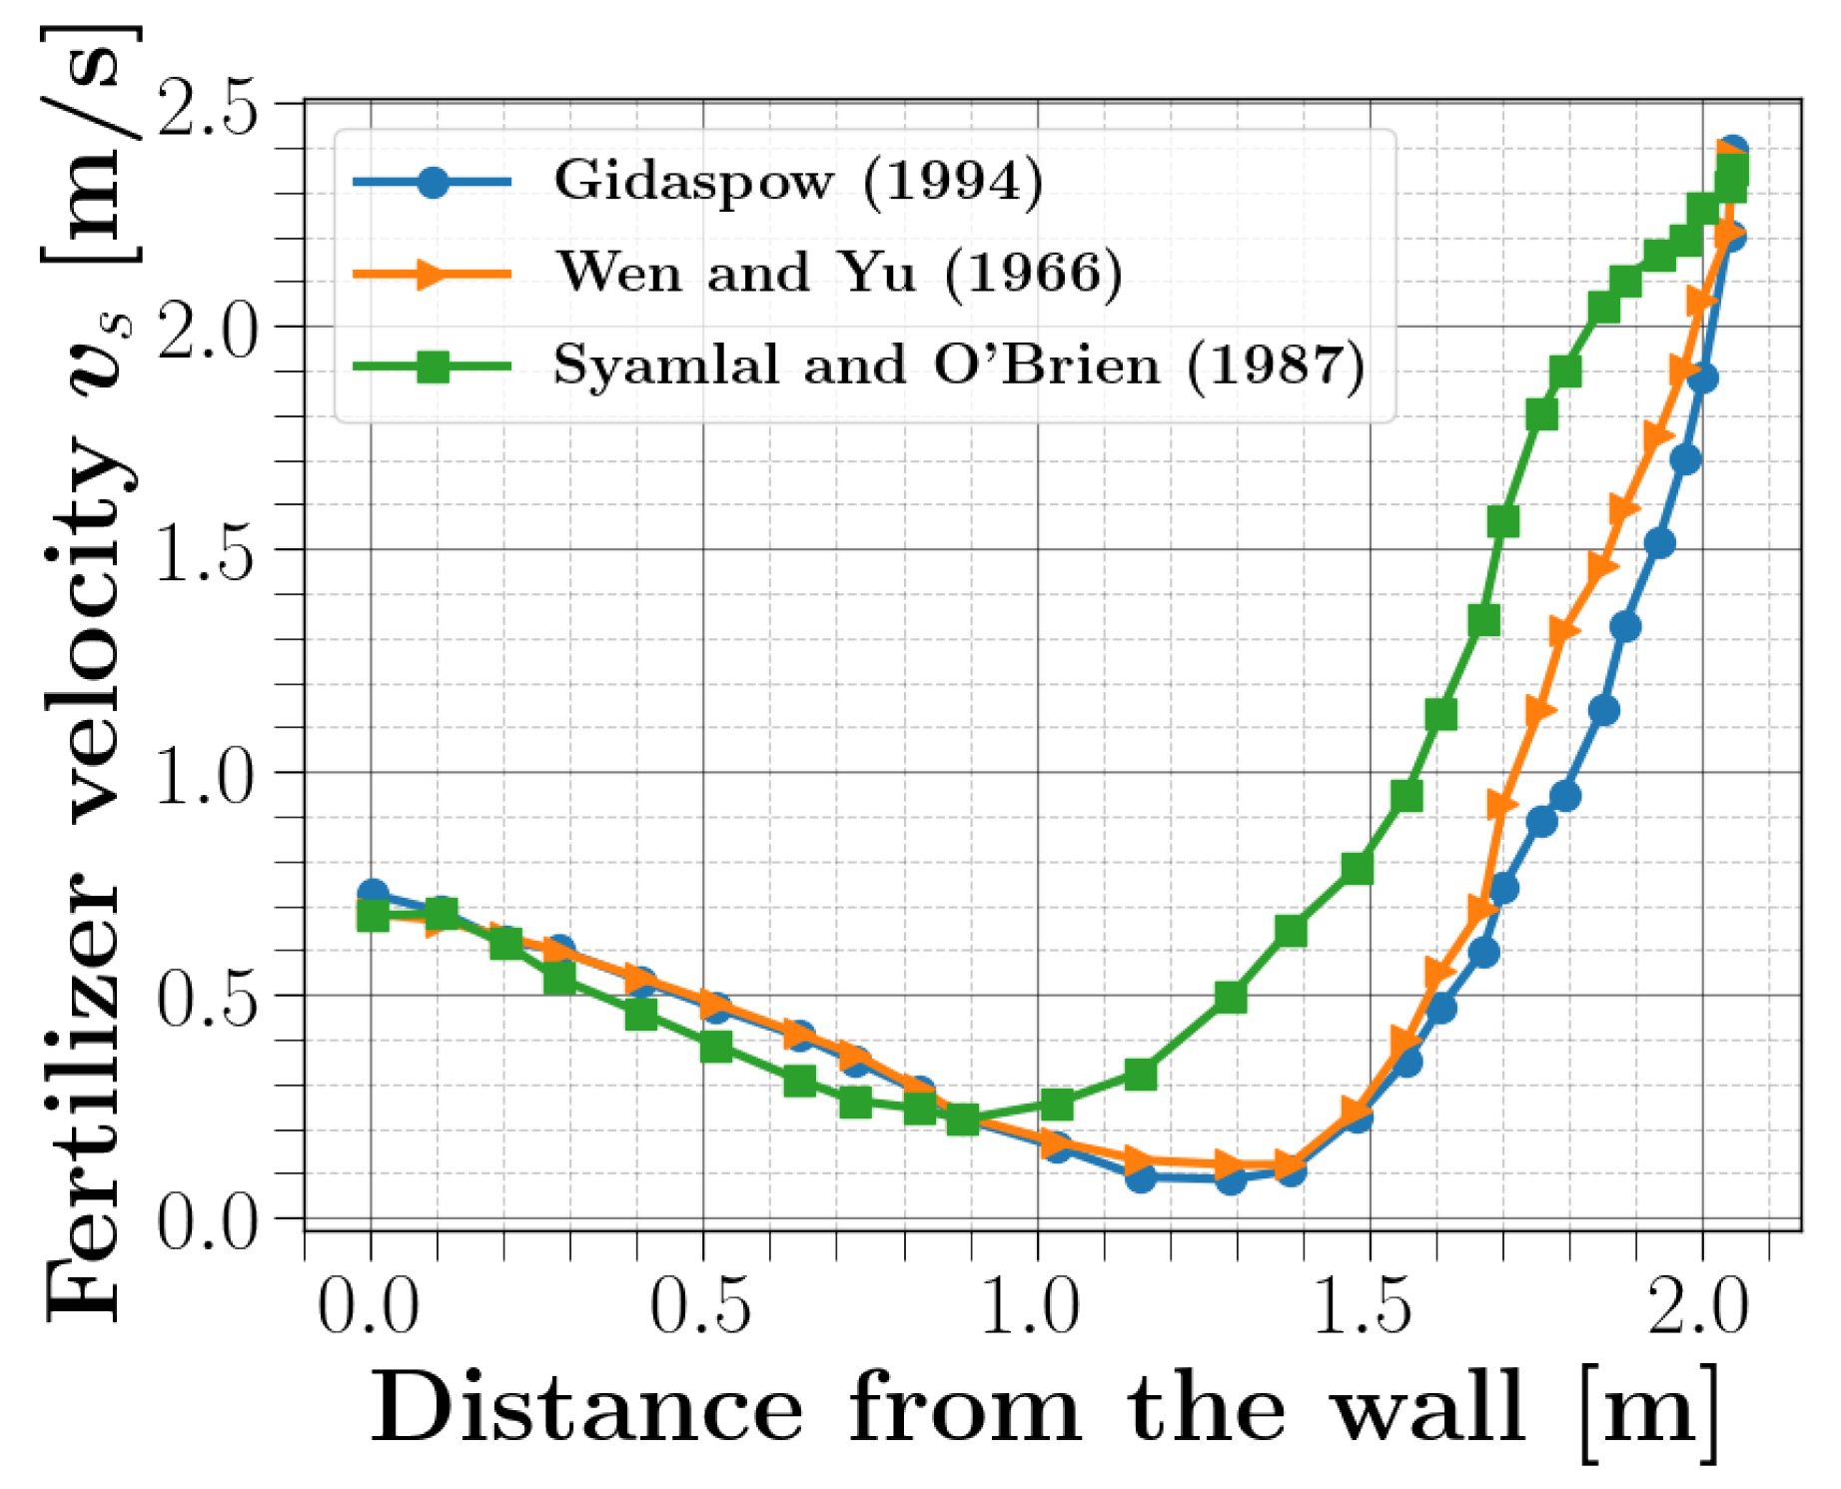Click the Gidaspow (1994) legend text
(797, 182)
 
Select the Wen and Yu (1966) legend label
(838, 273)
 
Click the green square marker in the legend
(433, 367)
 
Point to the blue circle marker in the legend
(433, 182)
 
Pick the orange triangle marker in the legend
(433, 274)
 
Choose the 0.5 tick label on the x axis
(700, 1306)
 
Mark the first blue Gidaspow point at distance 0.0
(373, 894)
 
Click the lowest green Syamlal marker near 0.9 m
(962, 1119)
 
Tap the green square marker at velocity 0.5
(1231, 997)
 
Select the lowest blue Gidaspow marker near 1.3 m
(1231, 1179)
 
